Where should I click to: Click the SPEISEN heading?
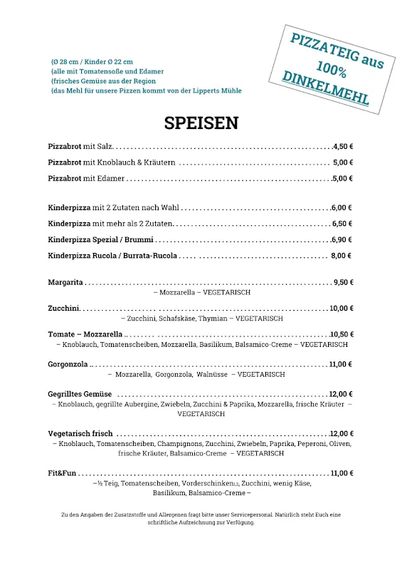click(201, 123)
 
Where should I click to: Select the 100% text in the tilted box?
click(332, 71)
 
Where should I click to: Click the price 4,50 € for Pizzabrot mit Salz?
click(343, 146)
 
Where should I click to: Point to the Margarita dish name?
click(65, 282)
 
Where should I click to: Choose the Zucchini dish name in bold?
click(63, 309)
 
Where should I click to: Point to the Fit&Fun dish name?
click(62, 473)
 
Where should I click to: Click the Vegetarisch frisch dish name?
click(80, 433)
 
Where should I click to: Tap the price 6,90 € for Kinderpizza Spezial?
click(343, 239)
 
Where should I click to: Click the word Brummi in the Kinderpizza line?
click(139, 239)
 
